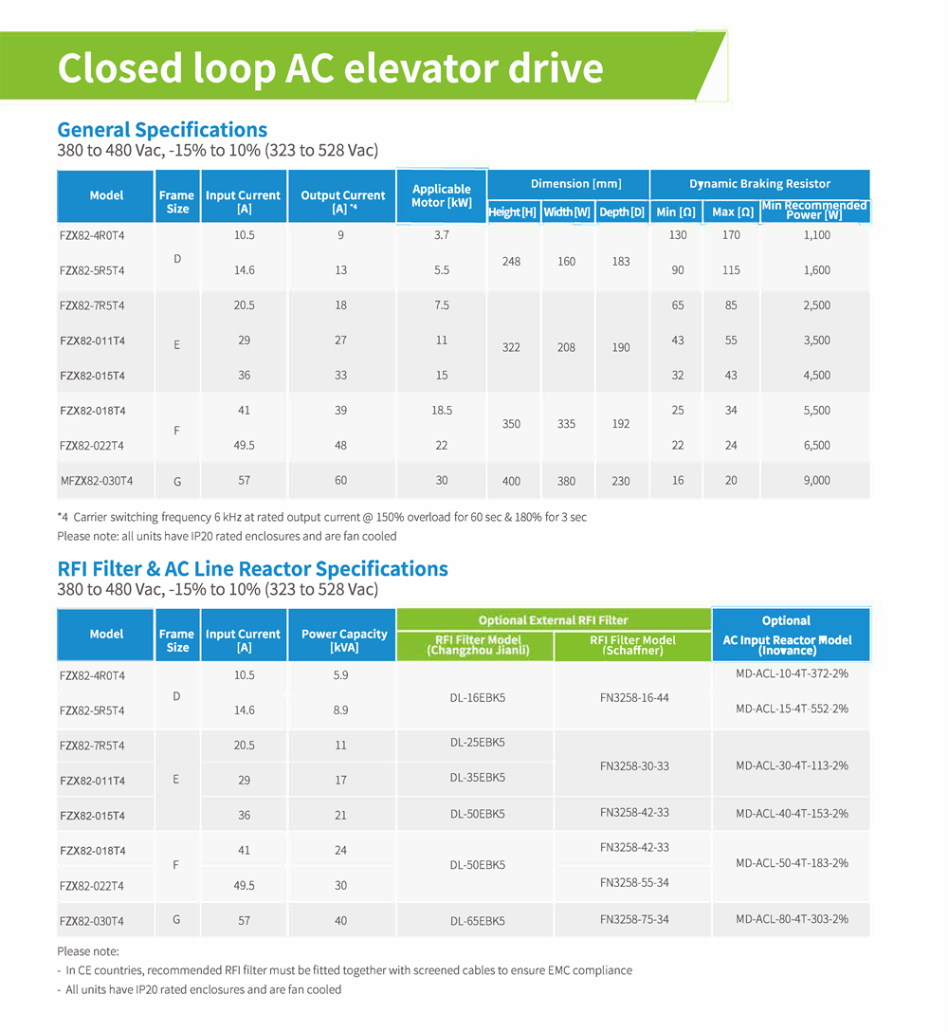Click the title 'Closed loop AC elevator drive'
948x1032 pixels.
click(330, 68)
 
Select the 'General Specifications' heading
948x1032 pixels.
click(162, 130)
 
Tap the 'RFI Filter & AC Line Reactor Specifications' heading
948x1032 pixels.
click(252, 569)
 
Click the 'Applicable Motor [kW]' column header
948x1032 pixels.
click(442, 196)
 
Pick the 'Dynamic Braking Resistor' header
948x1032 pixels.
click(759, 184)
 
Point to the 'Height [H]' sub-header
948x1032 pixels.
click(512, 212)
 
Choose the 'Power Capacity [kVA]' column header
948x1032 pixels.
click(344, 640)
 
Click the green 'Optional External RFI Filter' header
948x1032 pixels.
click(553, 620)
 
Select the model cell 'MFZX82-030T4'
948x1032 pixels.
click(97, 481)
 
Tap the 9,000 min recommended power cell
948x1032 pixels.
click(816, 481)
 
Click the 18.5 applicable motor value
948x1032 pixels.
click(442, 411)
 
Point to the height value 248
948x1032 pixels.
click(512, 261)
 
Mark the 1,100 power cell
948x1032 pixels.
click(816, 235)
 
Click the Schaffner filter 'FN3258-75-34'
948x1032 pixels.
click(634, 919)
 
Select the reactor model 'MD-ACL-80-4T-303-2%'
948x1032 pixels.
click(792, 919)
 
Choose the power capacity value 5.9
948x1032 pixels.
click(340, 675)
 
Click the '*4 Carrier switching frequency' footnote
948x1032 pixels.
click(321, 517)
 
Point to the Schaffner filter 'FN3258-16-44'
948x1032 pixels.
click(634, 697)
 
